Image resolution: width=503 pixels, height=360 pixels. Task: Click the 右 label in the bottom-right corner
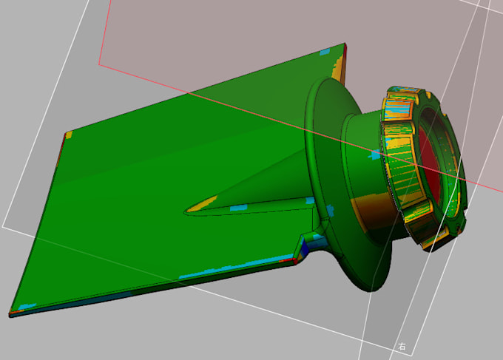[402, 346]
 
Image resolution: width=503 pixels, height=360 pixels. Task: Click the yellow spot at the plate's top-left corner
[68, 135]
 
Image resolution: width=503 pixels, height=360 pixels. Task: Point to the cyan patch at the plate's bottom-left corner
[27, 306]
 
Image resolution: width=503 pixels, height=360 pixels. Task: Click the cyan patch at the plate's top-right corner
[323, 52]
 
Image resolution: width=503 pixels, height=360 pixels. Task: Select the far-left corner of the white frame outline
[4, 225]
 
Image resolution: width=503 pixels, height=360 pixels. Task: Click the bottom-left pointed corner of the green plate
[10, 313]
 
